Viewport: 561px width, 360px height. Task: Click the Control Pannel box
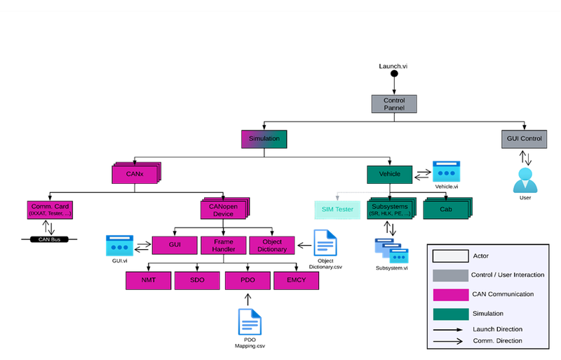tap(393, 104)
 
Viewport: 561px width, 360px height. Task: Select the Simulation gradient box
tap(264, 139)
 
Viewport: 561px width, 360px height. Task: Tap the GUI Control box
tap(525, 139)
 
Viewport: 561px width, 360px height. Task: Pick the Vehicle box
tap(389, 174)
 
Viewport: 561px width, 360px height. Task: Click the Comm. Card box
tap(50, 209)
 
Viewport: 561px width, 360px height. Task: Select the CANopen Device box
tap(223, 210)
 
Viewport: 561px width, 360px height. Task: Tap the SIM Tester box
tap(337, 209)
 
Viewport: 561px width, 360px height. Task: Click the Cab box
tap(445, 209)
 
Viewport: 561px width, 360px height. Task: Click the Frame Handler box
tap(223, 245)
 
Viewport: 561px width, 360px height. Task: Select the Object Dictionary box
tap(272, 245)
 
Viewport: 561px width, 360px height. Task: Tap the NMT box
tap(148, 281)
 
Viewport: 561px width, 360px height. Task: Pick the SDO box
tap(197, 281)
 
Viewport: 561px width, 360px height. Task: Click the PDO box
tap(248, 281)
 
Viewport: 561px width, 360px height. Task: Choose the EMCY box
tap(296, 281)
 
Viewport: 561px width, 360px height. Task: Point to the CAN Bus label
tap(49, 239)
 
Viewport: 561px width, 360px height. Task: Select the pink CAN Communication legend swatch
tap(450, 294)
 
